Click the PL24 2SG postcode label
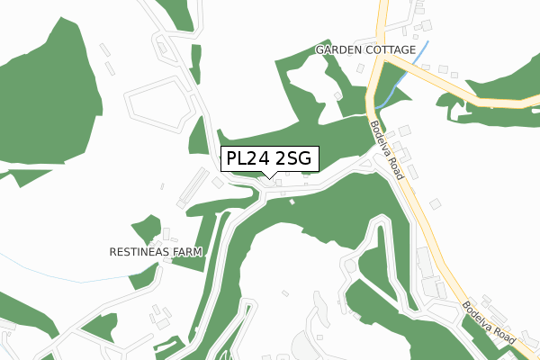coord(269,159)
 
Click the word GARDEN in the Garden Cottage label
coord(337,49)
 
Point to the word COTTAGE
coord(390,49)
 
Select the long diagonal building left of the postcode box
coord(193,185)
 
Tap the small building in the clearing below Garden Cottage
coord(337,94)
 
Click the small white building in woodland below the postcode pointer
coord(292,201)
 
